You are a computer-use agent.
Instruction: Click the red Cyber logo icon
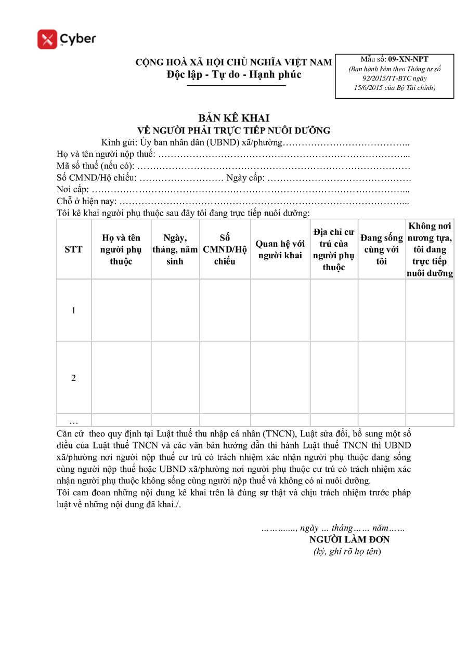(x=47, y=39)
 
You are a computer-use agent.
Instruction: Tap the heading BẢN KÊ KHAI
(x=233, y=118)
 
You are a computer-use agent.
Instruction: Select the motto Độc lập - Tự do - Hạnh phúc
(x=234, y=75)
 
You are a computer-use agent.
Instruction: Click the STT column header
(x=73, y=249)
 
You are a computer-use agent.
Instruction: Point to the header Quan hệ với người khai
(x=280, y=249)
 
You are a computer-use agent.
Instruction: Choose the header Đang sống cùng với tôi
(x=382, y=249)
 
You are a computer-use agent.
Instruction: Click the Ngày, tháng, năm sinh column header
(x=175, y=249)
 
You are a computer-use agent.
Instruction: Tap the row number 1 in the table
(x=73, y=310)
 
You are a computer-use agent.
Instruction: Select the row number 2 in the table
(x=73, y=378)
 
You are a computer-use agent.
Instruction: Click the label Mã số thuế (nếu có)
(x=96, y=166)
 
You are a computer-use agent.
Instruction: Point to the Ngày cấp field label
(x=245, y=178)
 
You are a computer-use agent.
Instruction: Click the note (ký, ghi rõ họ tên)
(x=347, y=552)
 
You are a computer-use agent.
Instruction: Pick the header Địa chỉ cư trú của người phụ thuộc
(x=334, y=249)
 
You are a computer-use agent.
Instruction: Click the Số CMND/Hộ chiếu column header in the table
(x=225, y=249)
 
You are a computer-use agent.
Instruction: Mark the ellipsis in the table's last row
(x=73, y=421)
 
